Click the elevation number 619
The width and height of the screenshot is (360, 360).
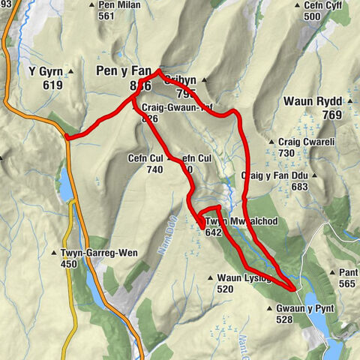coord(52,85)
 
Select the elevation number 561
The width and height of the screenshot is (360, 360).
coord(106,16)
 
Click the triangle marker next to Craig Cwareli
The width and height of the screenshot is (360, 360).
coord(271,141)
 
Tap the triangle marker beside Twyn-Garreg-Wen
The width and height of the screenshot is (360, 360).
coord(53,253)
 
